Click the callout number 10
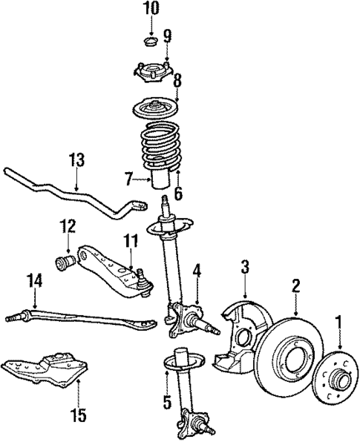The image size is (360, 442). [151, 9]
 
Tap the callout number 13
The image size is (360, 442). [77, 160]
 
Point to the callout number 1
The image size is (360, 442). [339, 323]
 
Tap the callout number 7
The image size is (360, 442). [129, 179]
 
